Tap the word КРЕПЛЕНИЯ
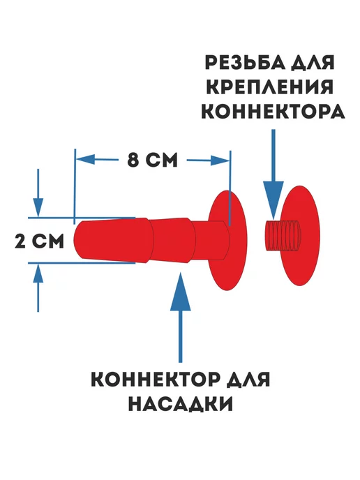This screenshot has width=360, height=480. tap(270, 87)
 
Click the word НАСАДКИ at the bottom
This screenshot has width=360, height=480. tap(181, 404)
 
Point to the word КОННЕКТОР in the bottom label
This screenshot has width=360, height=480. tap(155, 380)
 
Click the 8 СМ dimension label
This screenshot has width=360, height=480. tap(152, 160)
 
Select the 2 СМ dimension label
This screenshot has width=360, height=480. tap(40, 241)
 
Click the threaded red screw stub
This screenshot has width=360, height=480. tap(283, 236)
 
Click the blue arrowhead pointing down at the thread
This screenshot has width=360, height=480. tap(273, 200)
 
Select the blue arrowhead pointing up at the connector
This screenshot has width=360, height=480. tap(181, 291)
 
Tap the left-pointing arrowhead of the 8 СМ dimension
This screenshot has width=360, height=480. tap(85, 160)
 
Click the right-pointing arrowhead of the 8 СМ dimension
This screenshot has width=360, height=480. tap(220, 160)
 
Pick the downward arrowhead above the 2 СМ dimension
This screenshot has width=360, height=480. tap(38, 207)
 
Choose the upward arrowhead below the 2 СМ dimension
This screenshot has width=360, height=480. tap(38, 273)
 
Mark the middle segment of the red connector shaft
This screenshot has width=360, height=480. tap(172, 240)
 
